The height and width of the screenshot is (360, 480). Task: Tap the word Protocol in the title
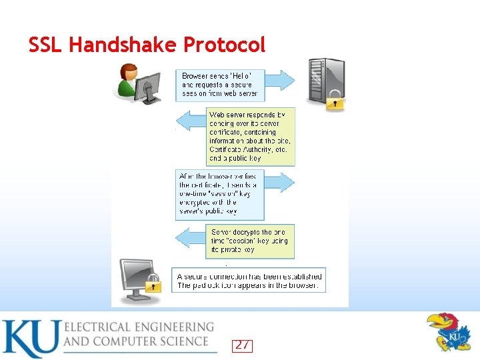(x=224, y=45)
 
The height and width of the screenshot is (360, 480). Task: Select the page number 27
(x=243, y=345)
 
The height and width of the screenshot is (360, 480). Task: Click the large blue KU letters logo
(x=30, y=339)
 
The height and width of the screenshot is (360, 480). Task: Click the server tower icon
(x=325, y=82)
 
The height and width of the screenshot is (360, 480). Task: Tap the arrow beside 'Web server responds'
(x=190, y=121)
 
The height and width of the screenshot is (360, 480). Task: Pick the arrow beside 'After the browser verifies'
(x=280, y=181)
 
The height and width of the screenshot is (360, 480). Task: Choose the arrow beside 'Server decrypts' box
(x=190, y=237)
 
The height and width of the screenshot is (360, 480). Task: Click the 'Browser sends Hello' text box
(x=220, y=85)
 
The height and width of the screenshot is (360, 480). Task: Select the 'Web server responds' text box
(x=251, y=137)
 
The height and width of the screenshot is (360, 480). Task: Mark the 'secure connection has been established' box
(x=249, y=281)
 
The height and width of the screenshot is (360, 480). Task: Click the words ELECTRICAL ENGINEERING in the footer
(x=139, y=327)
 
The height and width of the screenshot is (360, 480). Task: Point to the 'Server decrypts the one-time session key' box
(x=251, y=241)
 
